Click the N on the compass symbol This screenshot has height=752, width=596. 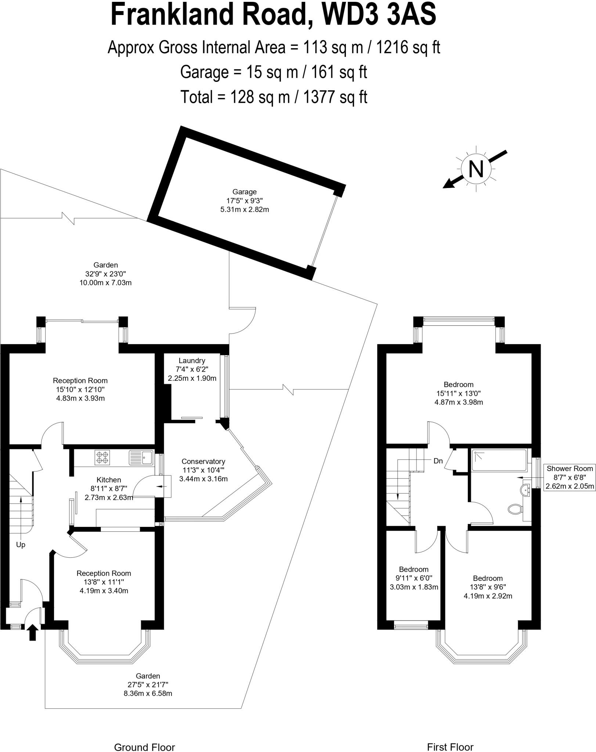(x=476, y=169)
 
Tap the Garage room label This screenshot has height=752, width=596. (x=244, y=192)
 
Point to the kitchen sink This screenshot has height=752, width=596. (x=141, y=457)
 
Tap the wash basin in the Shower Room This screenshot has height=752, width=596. (x=525, y=490)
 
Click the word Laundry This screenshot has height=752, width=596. (x=192, y=361)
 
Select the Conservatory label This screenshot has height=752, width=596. (x=203, y=462)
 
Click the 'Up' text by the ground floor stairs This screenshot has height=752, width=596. (x=21, y=545)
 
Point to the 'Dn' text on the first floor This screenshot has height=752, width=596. (x=438, y=461)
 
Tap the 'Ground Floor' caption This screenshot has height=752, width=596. (x=145, y=737)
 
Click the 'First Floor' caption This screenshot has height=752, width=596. (x=450, y=737)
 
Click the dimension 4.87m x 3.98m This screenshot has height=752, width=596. (x=459, y=402)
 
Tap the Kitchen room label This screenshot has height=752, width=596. (x=109, y=480)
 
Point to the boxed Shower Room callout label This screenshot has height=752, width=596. (x=570, y=477)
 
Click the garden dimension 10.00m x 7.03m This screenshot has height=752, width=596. (x=105, y=283)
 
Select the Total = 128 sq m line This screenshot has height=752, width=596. (x=274, y=97)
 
